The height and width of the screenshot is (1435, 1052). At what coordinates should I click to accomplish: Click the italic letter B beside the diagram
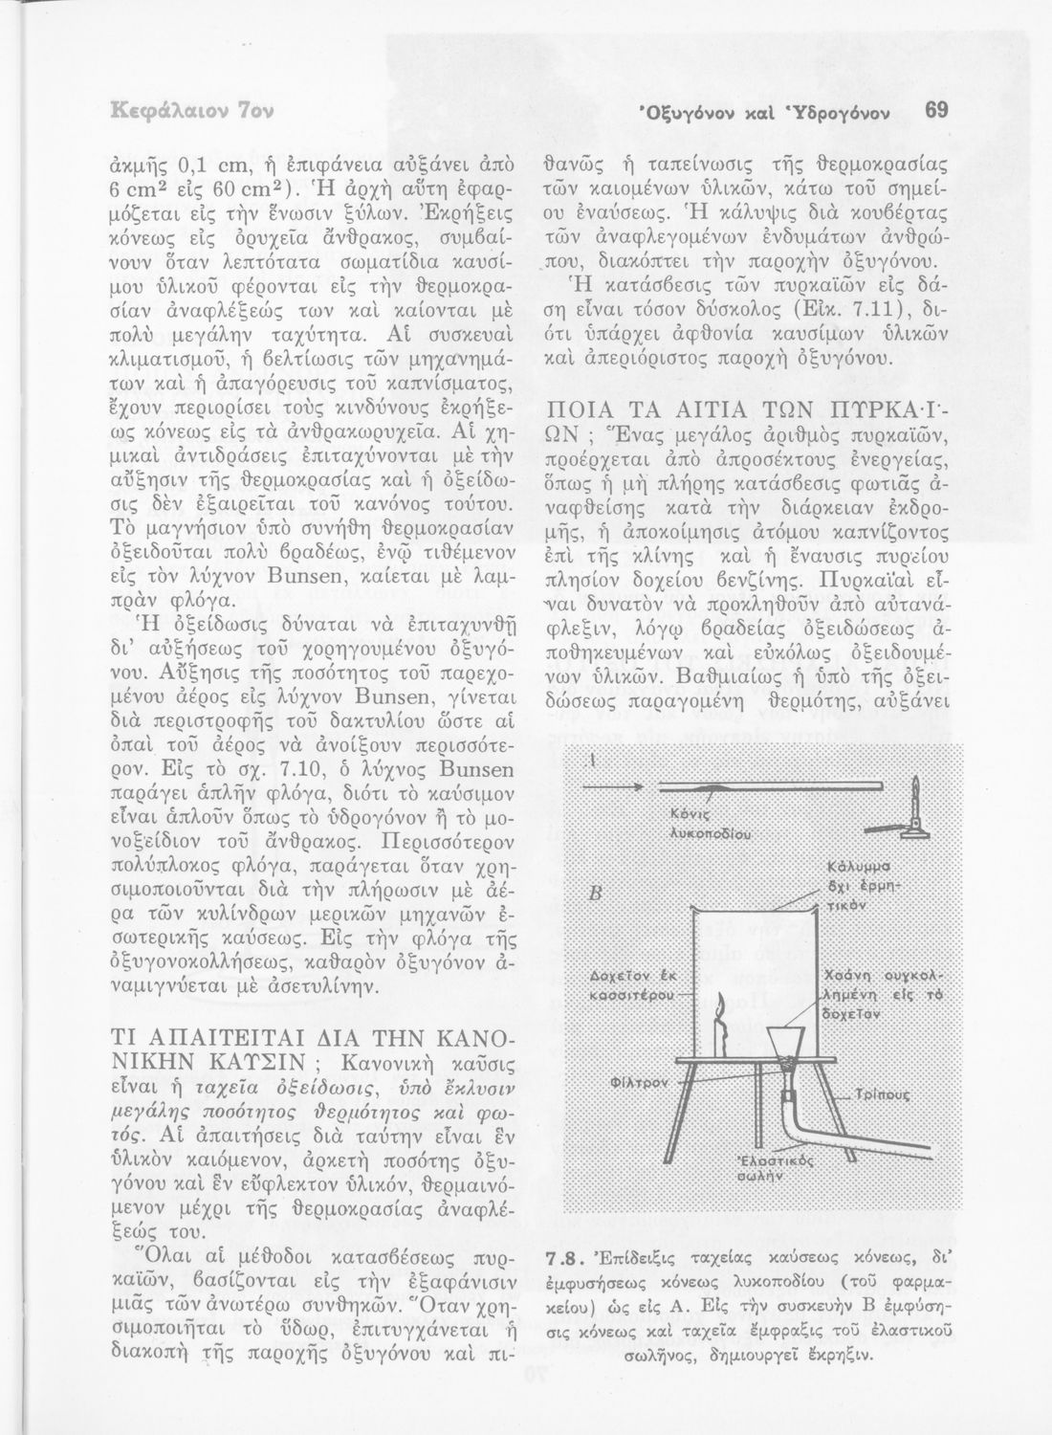click(596, 894)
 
